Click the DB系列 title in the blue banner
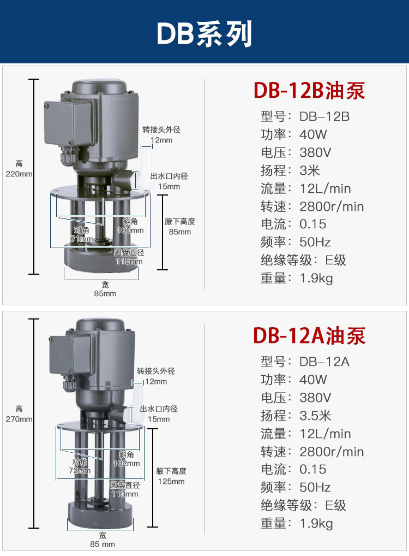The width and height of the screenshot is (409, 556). (204, 34)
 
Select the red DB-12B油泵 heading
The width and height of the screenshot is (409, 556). (309, 91)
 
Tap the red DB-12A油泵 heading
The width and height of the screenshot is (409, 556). (309, 335)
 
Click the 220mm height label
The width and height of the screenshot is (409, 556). (19, 174)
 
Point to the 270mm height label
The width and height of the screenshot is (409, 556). (19, 419)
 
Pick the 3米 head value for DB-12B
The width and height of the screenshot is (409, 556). (310, 170)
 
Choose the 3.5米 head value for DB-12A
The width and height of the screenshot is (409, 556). (315, 416)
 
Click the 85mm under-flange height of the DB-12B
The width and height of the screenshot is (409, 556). (180, 232)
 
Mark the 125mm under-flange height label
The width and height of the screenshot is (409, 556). (171, 482)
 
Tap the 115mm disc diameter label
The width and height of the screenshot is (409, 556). (129, 261)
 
